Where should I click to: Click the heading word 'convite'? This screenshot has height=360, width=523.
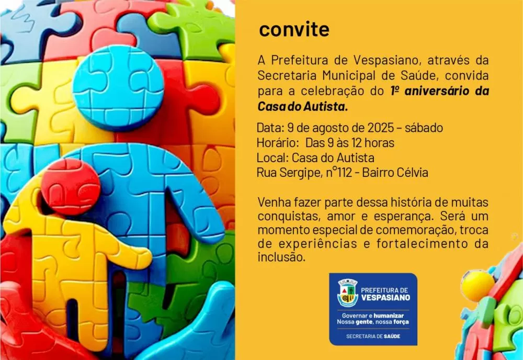[x=294, y=30]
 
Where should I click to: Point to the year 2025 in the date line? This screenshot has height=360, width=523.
[x=381, y=128]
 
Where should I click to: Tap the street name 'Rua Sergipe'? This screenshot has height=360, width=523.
[x=286, y=173]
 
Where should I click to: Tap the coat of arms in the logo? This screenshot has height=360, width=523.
[x=347, y=292]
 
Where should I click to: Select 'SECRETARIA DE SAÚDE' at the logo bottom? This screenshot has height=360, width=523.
[x=373, y=336]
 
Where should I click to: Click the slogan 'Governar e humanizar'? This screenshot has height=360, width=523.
[x=373, y=316]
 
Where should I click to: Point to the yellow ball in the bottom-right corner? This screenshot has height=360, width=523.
[x=477, y=286]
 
